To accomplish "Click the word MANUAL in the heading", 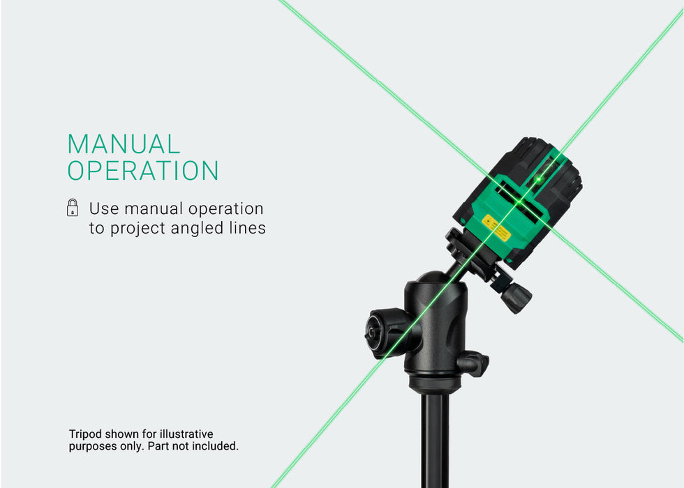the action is pyautogui.click(x=124, y=144).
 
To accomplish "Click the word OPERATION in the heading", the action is pyautogui.click(x=143, y=170).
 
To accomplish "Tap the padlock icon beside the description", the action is pyautogui.click(x=73, y=208).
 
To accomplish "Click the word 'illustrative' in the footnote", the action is pyautogui.click(x=186, y=434).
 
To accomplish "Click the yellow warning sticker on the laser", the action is pyautogui.click(x=496, y=227).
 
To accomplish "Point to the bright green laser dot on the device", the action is pyautogui.click(x=539, y=179).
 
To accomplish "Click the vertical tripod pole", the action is pyautogui.click(x=435, y=440).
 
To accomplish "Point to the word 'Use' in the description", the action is pyautogui.click(x=104, y=208).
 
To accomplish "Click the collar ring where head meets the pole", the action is pyautogui.click(x=434, y=383).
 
